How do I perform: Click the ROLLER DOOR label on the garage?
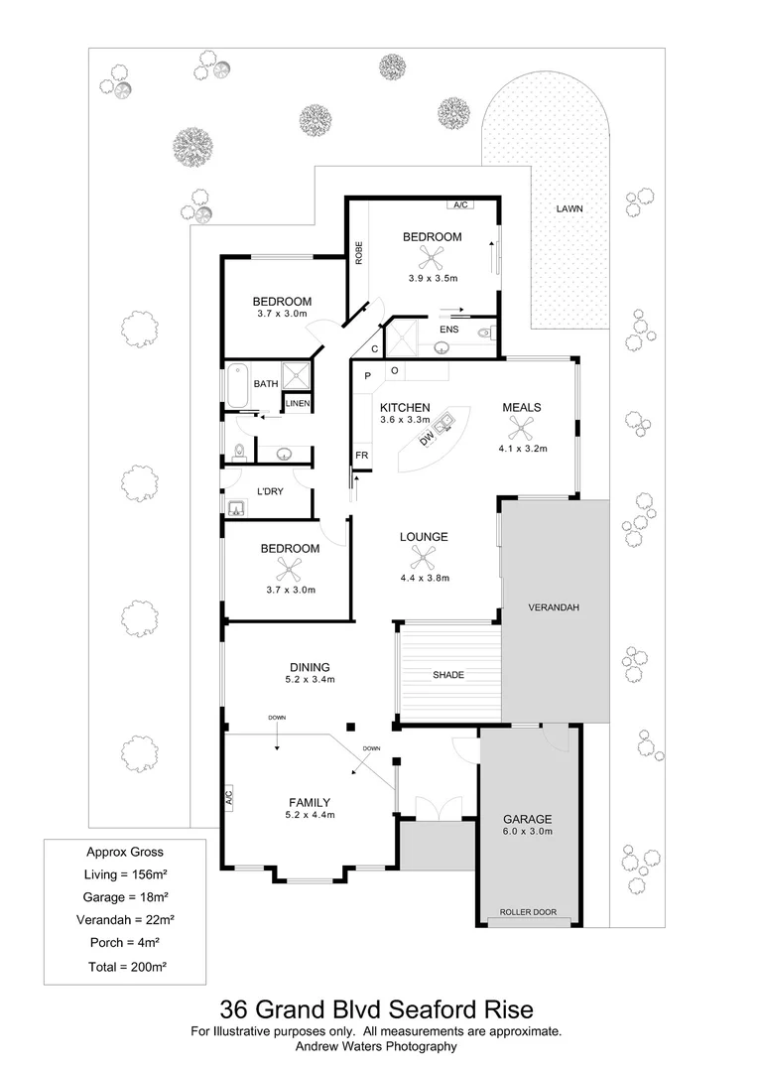pos(528,912)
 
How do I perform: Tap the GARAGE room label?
pos(528,819)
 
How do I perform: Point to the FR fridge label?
pos(362,456)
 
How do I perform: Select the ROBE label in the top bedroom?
pos(359,252)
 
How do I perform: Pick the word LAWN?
pos(568,209)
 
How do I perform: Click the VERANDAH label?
pos(554,606)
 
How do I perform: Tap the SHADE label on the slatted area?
pos(447,675)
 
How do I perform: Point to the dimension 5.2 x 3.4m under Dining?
pos(310,680)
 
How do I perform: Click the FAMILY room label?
pos(310,802)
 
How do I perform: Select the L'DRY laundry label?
pos(271,492)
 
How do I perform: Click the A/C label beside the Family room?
pos(227,796)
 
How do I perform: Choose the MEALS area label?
pos(522,407)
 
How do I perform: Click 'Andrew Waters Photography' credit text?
pos(378,1046)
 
